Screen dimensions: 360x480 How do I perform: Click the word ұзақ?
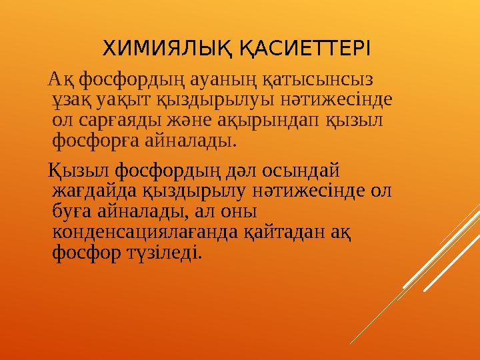(73, 101)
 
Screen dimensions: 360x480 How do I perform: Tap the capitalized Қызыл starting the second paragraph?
(77, 170)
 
